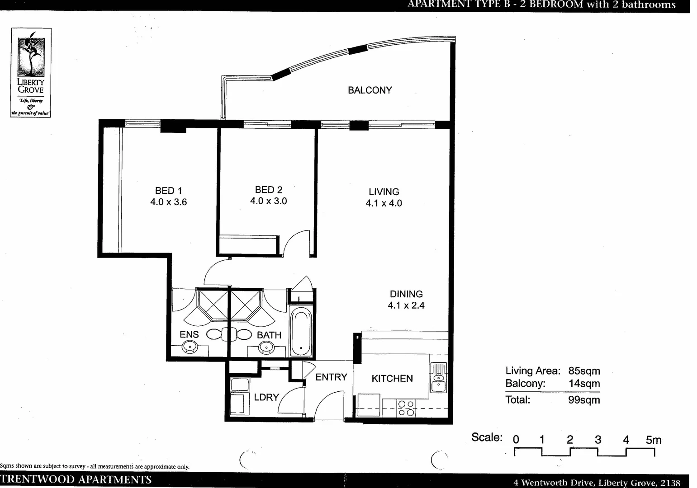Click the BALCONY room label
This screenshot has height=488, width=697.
(x=370, y=90)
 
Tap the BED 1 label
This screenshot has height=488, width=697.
(x=168, y=191)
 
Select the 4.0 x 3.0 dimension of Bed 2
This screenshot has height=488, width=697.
(x=269, y=201)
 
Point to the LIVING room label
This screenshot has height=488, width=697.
(x=384, y=192)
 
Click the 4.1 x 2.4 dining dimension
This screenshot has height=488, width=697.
(x=406, y=305)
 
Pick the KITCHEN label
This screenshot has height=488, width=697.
(x=392, y=379)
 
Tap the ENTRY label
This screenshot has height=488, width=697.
(x=331, y=377)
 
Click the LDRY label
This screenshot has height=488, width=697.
(x=266, y=397)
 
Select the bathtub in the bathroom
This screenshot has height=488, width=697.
(x=299, y=332)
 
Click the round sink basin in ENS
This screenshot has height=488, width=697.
(x=190, y=347)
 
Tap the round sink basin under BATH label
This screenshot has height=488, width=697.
(x=266, y=347)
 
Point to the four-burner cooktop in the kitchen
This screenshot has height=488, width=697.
(x=406, y=408)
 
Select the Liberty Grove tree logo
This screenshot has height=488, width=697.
(x=31, y=54)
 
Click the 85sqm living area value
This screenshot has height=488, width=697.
(x=584, y=371)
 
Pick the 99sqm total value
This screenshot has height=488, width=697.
(x=584, y=400)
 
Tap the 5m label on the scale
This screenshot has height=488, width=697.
(x=653, y=440)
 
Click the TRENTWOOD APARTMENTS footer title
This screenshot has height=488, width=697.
(x=76, y=480)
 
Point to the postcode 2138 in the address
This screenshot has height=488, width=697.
(x=670, y=483)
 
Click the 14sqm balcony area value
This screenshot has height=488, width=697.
(x=584, y=384)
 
